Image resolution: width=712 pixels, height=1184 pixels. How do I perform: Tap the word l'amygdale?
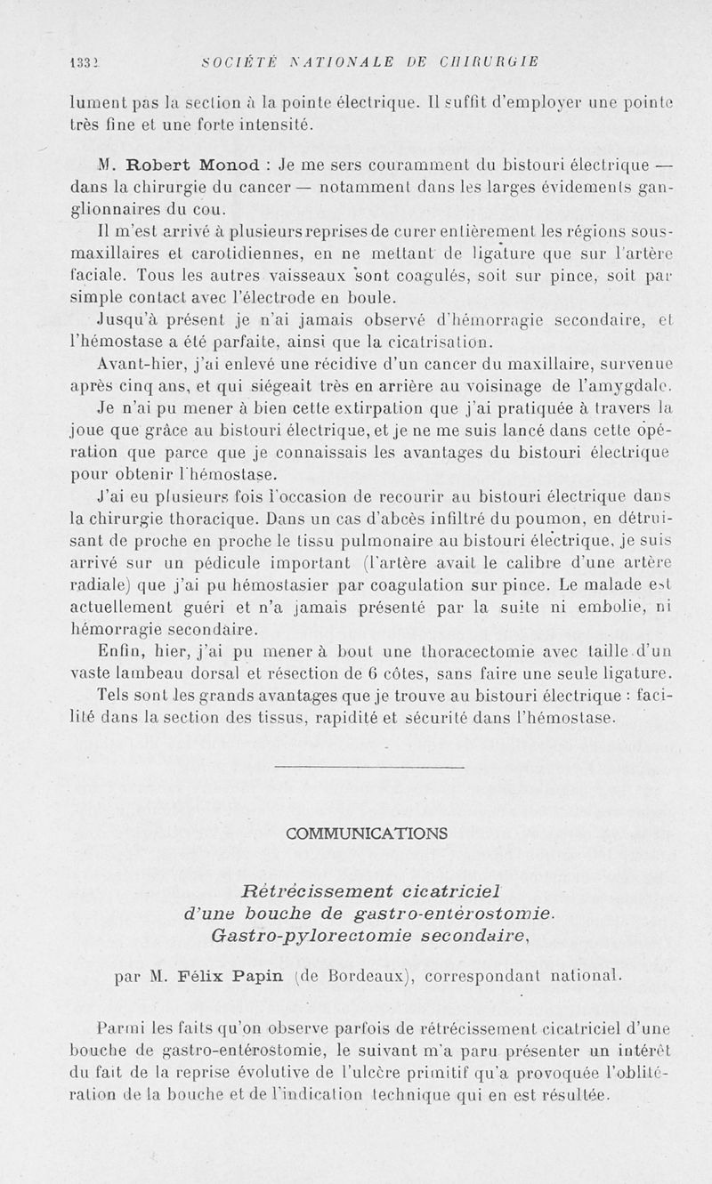632,388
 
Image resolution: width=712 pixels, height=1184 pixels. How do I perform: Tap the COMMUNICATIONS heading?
368,834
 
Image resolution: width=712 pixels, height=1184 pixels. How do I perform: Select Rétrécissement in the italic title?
316,890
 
